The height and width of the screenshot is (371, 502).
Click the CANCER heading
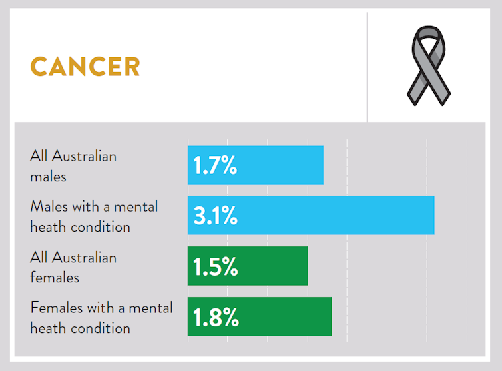point(85,67)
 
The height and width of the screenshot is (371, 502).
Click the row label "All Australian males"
point(73,166)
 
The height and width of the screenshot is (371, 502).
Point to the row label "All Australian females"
point(73,267)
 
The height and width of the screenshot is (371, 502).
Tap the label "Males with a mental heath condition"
point(94,216)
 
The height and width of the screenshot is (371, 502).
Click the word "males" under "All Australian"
point(48,177)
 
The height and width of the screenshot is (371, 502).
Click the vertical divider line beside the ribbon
point(367,67)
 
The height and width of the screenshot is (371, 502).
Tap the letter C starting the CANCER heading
point(39,67)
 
